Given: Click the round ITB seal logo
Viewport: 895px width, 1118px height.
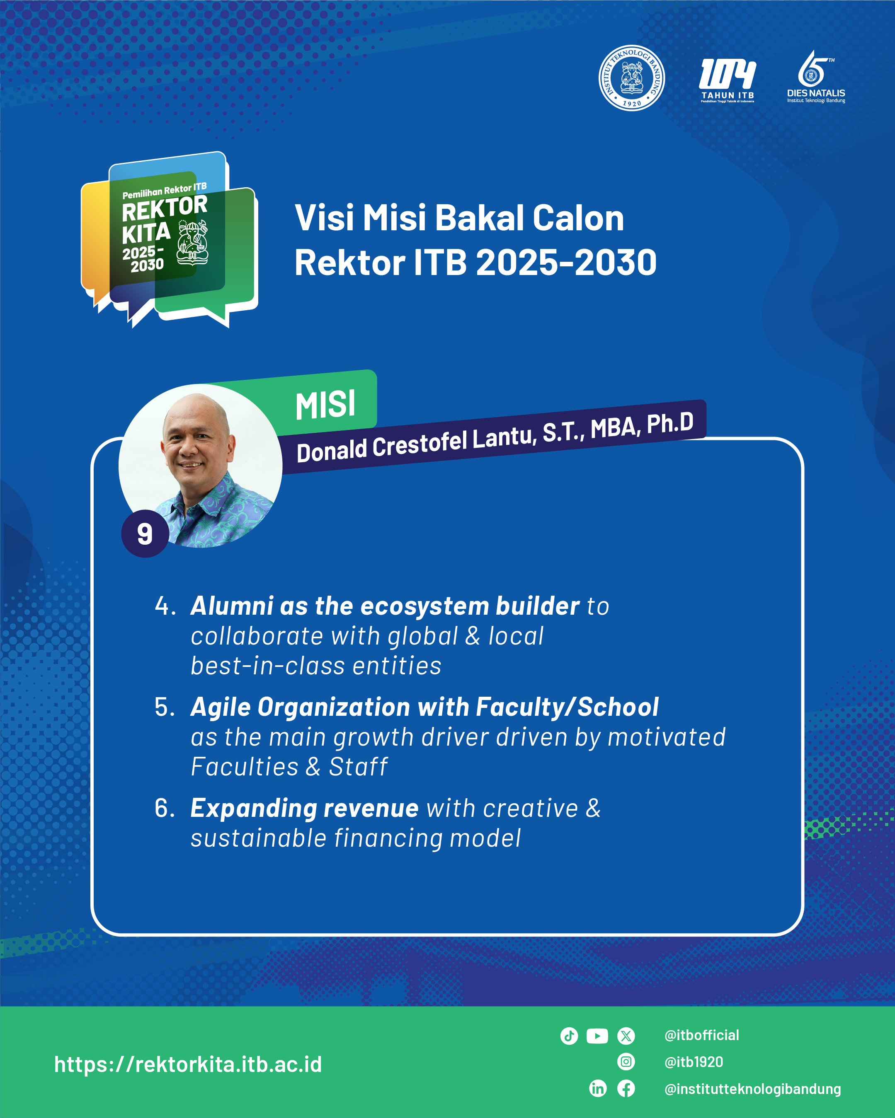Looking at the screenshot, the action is coord(631,78).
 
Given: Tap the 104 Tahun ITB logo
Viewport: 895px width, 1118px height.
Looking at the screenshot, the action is coord(728,80).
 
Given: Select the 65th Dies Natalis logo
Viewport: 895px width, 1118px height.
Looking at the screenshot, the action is coord(816,77).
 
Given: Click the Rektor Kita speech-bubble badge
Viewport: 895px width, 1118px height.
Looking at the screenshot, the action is coord(170,239).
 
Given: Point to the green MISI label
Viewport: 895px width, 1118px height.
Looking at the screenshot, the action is coord(325,404).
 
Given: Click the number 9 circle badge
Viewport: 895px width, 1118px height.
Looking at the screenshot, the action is coord(145,534).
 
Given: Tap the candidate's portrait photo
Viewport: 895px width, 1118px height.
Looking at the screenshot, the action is coord(200,466).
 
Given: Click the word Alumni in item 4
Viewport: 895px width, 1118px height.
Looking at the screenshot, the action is coord(232,606).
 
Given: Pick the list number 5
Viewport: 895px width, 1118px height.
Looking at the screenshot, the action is coord(165,707).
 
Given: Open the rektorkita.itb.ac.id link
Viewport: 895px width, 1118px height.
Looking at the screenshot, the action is coord(188,1064).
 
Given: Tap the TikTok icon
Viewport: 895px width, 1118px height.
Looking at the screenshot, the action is coord(569,1036).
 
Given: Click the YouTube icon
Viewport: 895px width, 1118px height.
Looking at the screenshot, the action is coord(597,1036).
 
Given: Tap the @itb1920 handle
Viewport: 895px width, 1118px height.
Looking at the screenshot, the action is coord(694,1062).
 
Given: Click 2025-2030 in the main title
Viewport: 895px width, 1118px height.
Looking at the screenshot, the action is coord(566,262).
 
